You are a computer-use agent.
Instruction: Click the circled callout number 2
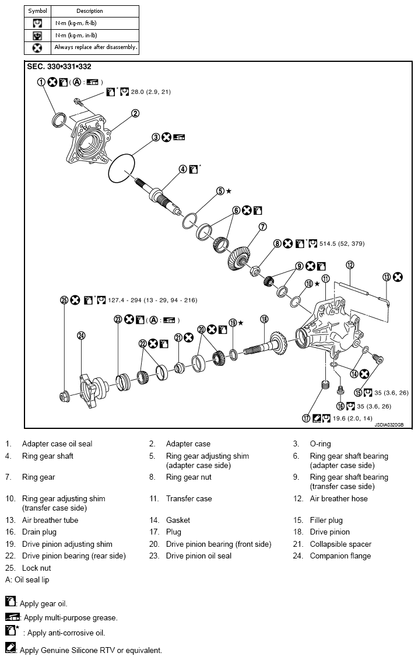coord(135,113)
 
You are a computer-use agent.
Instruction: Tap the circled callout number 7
coord(263,226)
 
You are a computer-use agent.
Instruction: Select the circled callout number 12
coord(350,264)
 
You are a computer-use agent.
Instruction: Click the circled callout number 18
coord(264,319)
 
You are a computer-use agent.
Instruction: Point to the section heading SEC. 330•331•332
coord(59,67)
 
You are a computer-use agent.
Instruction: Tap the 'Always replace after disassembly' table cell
coord(96,47)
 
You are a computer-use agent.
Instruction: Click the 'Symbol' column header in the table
coord(38,11)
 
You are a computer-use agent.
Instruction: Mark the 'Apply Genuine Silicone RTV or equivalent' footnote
coord(90,649)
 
